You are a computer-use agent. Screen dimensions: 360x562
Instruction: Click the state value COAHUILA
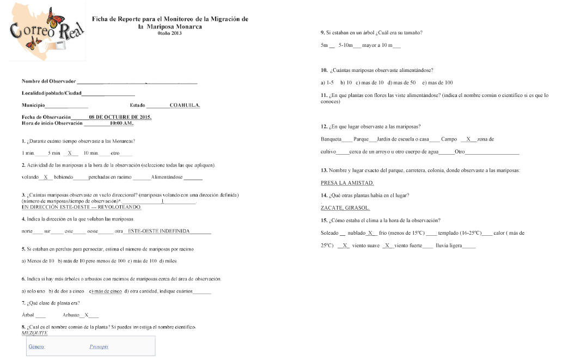(185, 105)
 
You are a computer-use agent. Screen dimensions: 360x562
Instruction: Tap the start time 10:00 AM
(121, 123)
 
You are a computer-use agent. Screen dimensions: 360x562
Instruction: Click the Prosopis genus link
(99, 346)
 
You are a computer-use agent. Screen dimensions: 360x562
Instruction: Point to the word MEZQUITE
(35, 333)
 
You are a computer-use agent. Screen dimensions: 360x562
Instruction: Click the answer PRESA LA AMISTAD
(347, 183)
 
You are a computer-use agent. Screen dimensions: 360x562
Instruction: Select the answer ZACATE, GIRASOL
(345, 208)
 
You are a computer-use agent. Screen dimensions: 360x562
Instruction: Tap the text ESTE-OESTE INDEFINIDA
(158, 231)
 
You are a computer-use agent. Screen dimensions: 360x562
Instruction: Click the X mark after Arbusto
(87, 315)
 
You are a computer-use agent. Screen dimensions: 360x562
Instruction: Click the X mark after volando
(47, 178)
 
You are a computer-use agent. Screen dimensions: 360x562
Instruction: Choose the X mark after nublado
(371, 233)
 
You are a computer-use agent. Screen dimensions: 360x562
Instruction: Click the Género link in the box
(36, 346)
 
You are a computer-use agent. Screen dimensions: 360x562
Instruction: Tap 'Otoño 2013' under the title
(169, 33)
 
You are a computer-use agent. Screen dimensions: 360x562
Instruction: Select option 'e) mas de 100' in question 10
(437, 83)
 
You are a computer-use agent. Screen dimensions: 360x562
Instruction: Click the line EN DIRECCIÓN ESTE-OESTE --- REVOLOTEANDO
(81, 208)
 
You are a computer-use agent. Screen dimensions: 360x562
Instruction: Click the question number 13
(325, 170)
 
